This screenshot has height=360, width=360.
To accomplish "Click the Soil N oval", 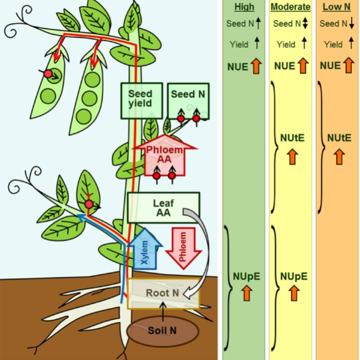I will [x=162, y=331].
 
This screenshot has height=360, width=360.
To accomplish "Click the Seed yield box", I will [x=140, y=99].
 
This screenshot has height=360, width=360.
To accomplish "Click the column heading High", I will [x=245, y=7].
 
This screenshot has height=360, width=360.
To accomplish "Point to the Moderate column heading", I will [x=290, y=7].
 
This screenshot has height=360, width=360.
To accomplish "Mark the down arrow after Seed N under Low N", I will [x=353, y=24].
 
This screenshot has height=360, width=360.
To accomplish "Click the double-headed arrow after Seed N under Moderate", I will [x=305, y=24].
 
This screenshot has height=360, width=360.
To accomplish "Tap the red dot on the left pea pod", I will [x=48, y=74].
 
